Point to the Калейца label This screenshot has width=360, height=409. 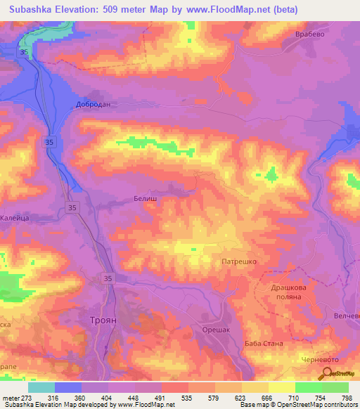click(x=13, y=219)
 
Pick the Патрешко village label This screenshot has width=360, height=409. click(x=240, y=261)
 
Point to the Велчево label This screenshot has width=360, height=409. click(x=346, y=316)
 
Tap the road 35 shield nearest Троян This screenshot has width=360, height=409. click(x=107, y=278)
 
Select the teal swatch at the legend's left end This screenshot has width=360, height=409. click(x=41, y=387)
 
